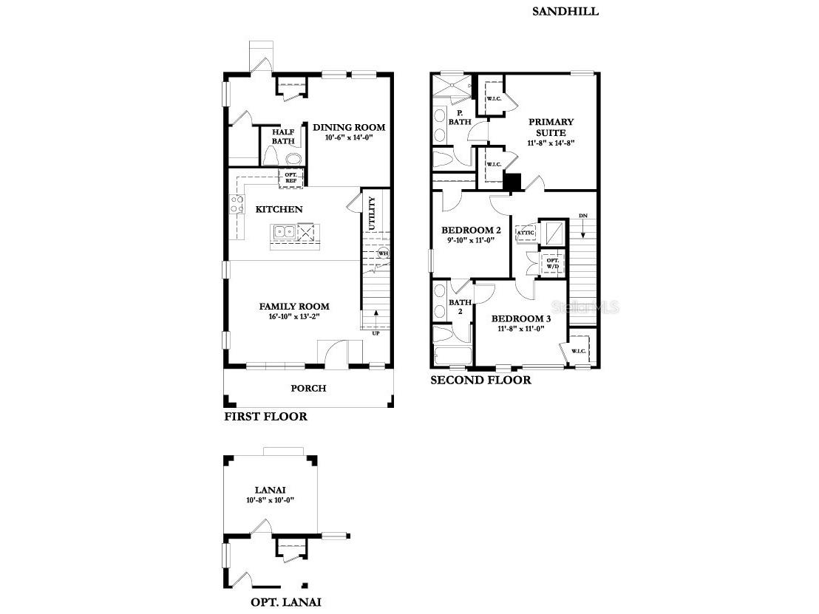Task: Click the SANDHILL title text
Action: [565, 11]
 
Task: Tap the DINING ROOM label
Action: [349, 127]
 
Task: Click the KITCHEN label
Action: [279, 209]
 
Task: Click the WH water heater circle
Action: [383, 253]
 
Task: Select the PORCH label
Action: [308, 388]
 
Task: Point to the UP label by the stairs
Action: [376, 332]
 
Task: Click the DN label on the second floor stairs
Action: [582, 216]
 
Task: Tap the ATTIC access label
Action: [526, 233]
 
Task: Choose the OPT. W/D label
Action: [552, 263]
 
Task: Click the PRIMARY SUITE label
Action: [551, 127]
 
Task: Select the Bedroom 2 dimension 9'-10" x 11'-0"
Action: [470, 240]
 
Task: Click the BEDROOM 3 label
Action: [520, 318]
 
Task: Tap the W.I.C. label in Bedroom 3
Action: [579, 351]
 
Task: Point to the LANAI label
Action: [270, 489]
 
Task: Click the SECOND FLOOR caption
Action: [480, 380]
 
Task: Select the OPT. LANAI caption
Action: [285, 601]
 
